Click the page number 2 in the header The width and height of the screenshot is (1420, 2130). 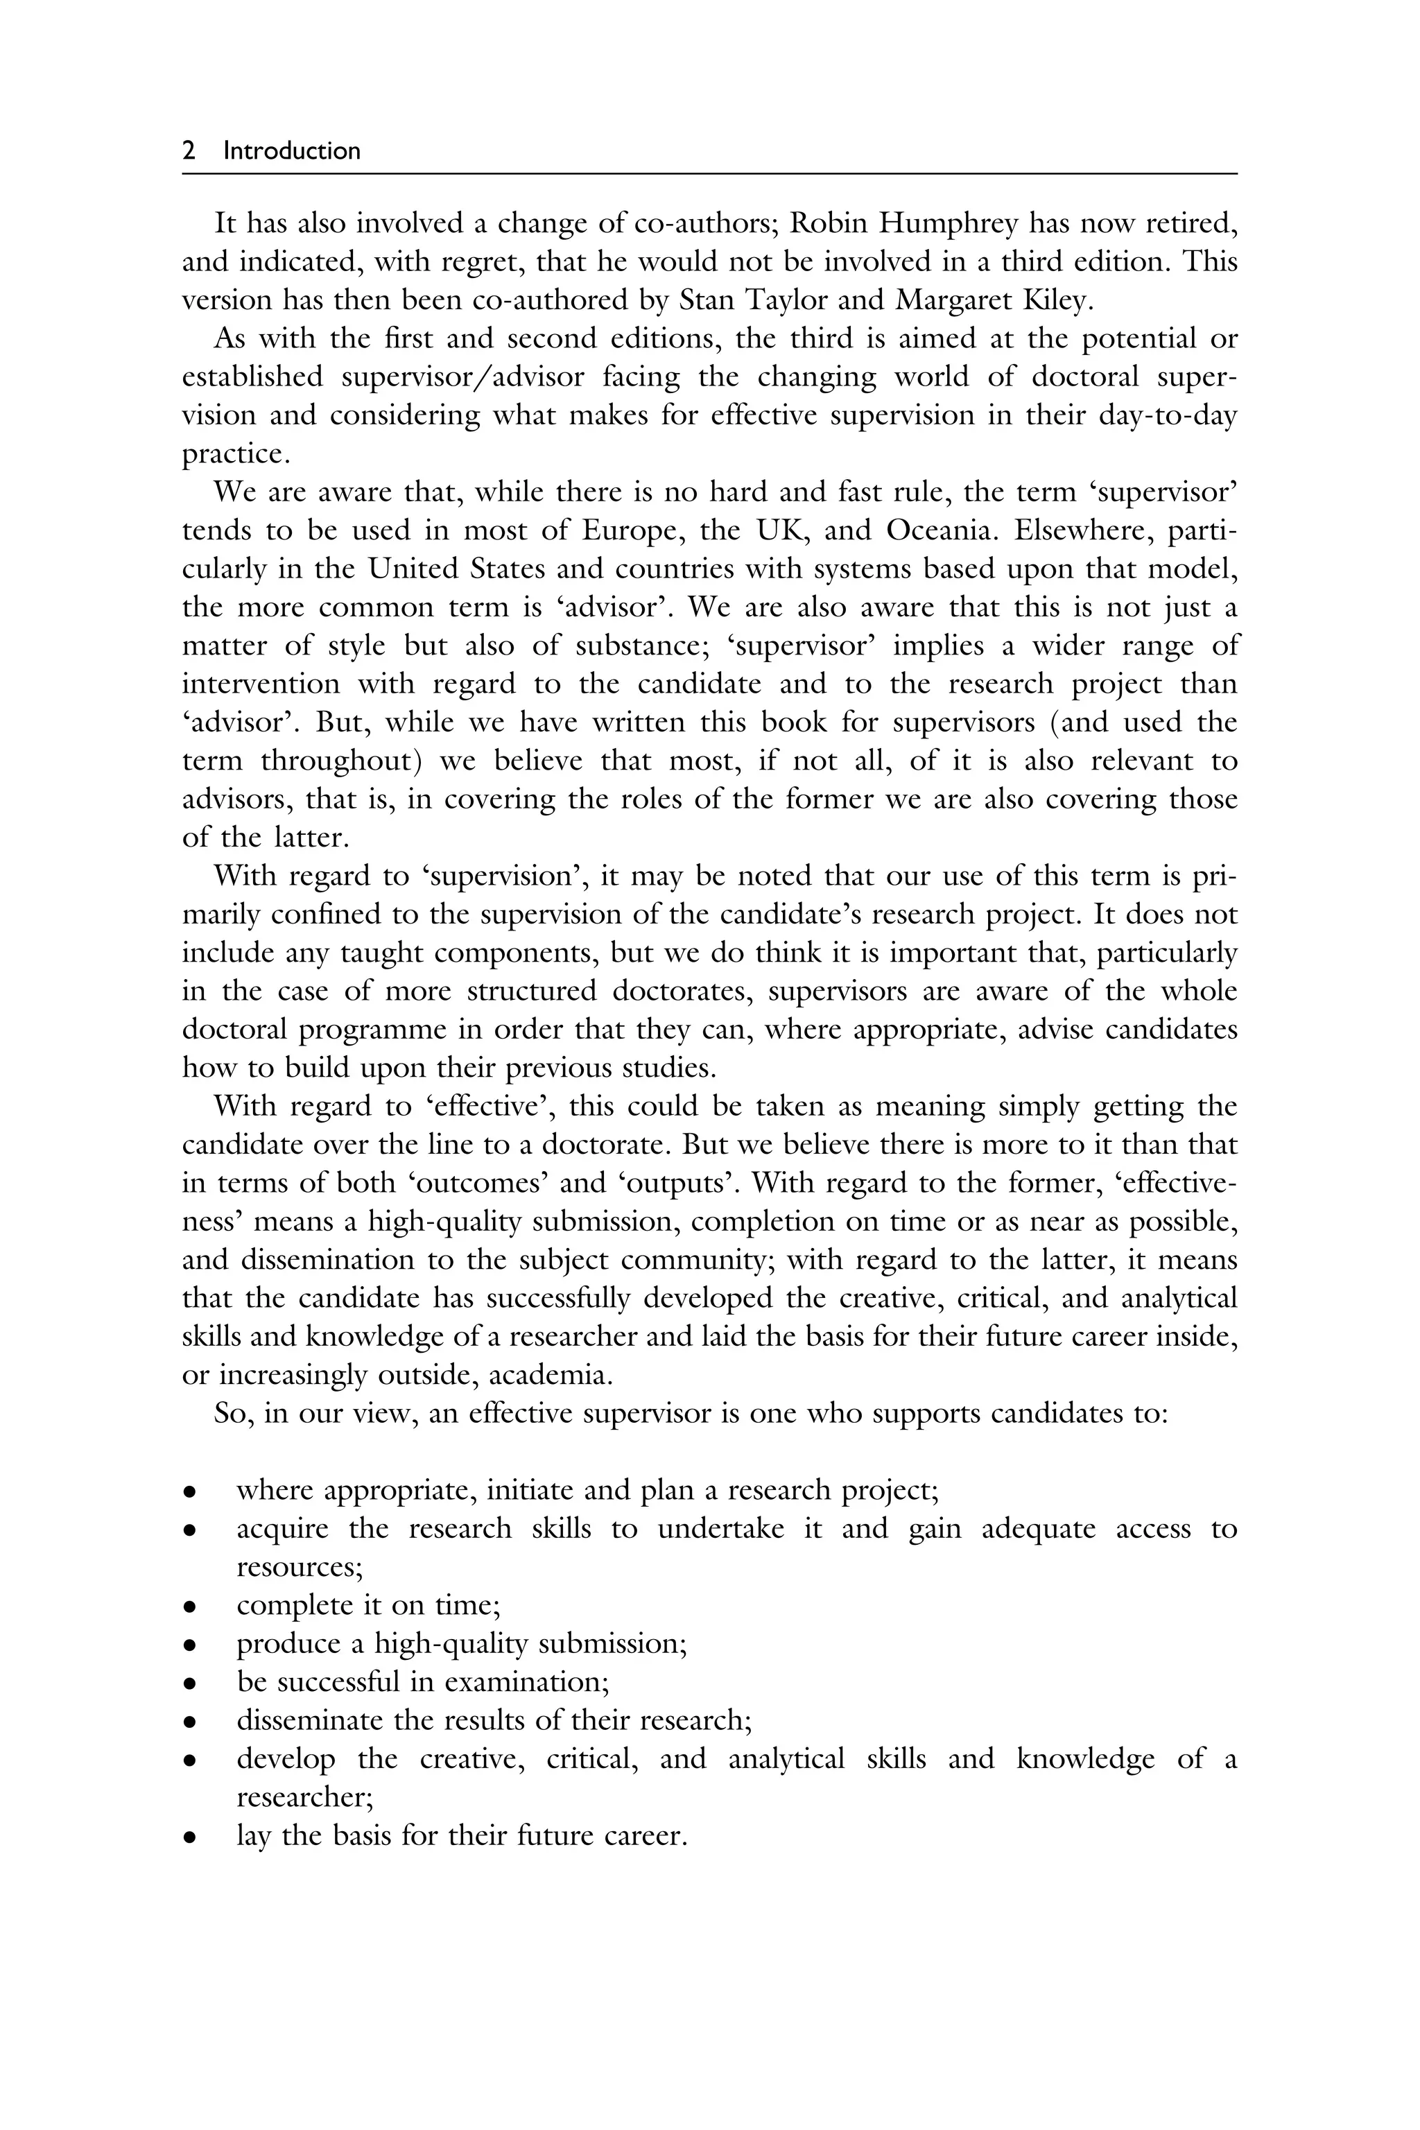coord(189,150)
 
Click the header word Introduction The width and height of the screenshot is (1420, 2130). coord(292,150)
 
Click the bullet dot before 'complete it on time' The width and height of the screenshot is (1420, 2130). coord(189,1607)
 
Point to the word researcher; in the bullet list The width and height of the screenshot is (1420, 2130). coord(305,1798)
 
